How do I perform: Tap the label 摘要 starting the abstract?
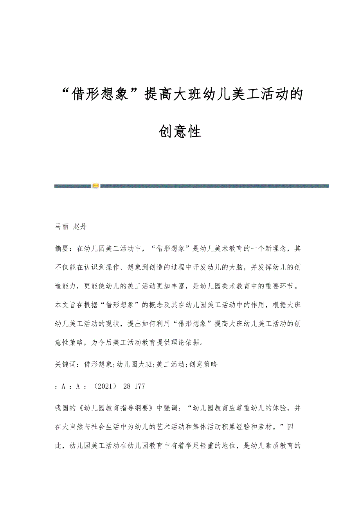point(62,248)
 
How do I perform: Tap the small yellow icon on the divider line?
point(96,186)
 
